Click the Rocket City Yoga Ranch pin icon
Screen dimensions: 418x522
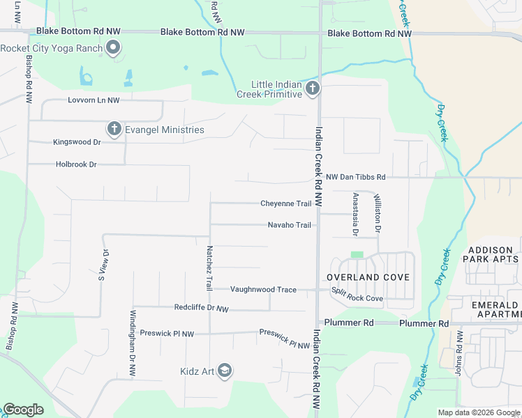(113, 48)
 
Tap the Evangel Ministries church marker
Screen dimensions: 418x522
(114, 129)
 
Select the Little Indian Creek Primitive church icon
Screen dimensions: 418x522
(312, 88)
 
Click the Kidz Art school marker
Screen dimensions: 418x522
(224, 370)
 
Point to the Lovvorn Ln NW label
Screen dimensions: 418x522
(94, 100)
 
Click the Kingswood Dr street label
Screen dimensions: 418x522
(77, 141)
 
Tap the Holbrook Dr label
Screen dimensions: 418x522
(76, 164)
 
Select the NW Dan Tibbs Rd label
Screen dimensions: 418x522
(356, 178)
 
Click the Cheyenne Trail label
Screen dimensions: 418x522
(285, 203)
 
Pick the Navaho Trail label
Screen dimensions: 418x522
(290, 225)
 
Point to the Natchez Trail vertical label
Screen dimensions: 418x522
(209, 268)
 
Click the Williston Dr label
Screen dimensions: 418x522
(378, 213)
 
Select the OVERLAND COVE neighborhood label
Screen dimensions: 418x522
(368, 277)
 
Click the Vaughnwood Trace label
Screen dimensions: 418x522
(263, 290)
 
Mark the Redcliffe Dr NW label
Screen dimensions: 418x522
(201, 307)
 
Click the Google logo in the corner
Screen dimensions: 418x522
(24, 410)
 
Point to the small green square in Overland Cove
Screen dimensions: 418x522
(357, 255)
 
